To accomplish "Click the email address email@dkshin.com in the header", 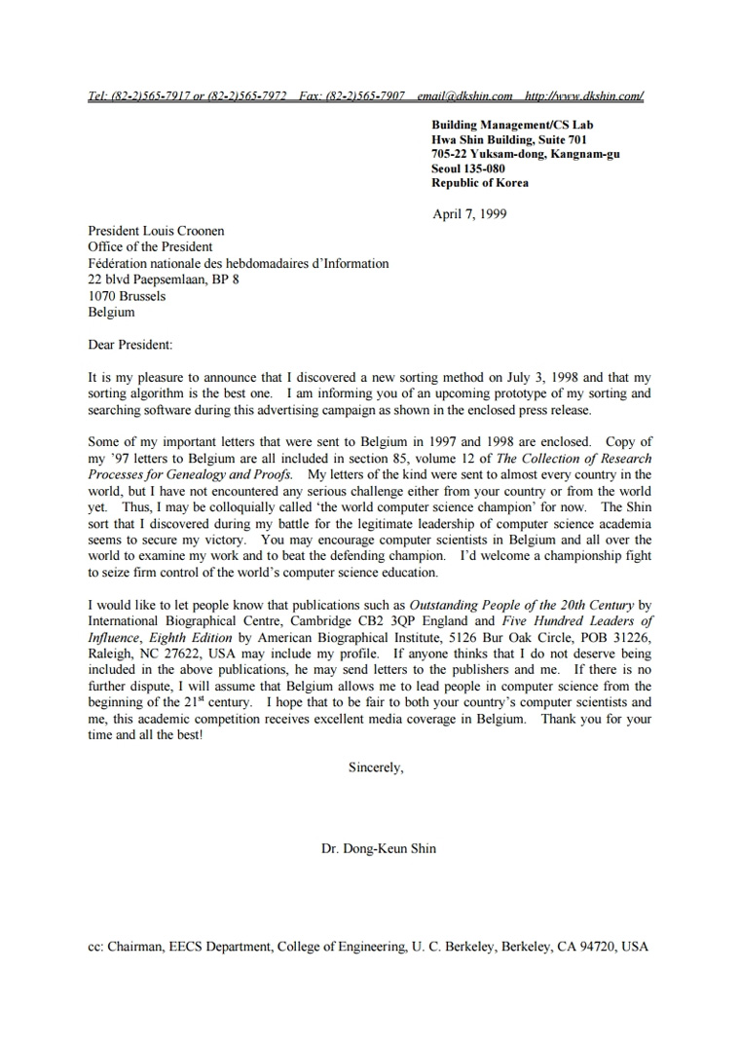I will tap(464, 95).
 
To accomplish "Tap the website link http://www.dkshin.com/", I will tap(583, 95).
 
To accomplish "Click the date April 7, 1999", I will tap(469, 214).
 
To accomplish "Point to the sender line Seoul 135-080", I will tap(468, 168).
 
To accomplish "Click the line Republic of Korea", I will tap(480, 183).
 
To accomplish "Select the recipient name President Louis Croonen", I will tap(156, 231).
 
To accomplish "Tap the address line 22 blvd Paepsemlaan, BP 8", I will tap(164, 280).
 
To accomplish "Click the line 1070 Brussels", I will tap(127, 296).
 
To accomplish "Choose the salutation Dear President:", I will tap(130, 345).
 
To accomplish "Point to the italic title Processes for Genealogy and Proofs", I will tap(190, 474).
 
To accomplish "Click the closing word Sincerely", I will tap(376, 767).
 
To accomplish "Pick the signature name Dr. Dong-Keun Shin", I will tap(379, 848).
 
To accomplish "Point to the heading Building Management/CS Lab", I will tap(512, 125).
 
